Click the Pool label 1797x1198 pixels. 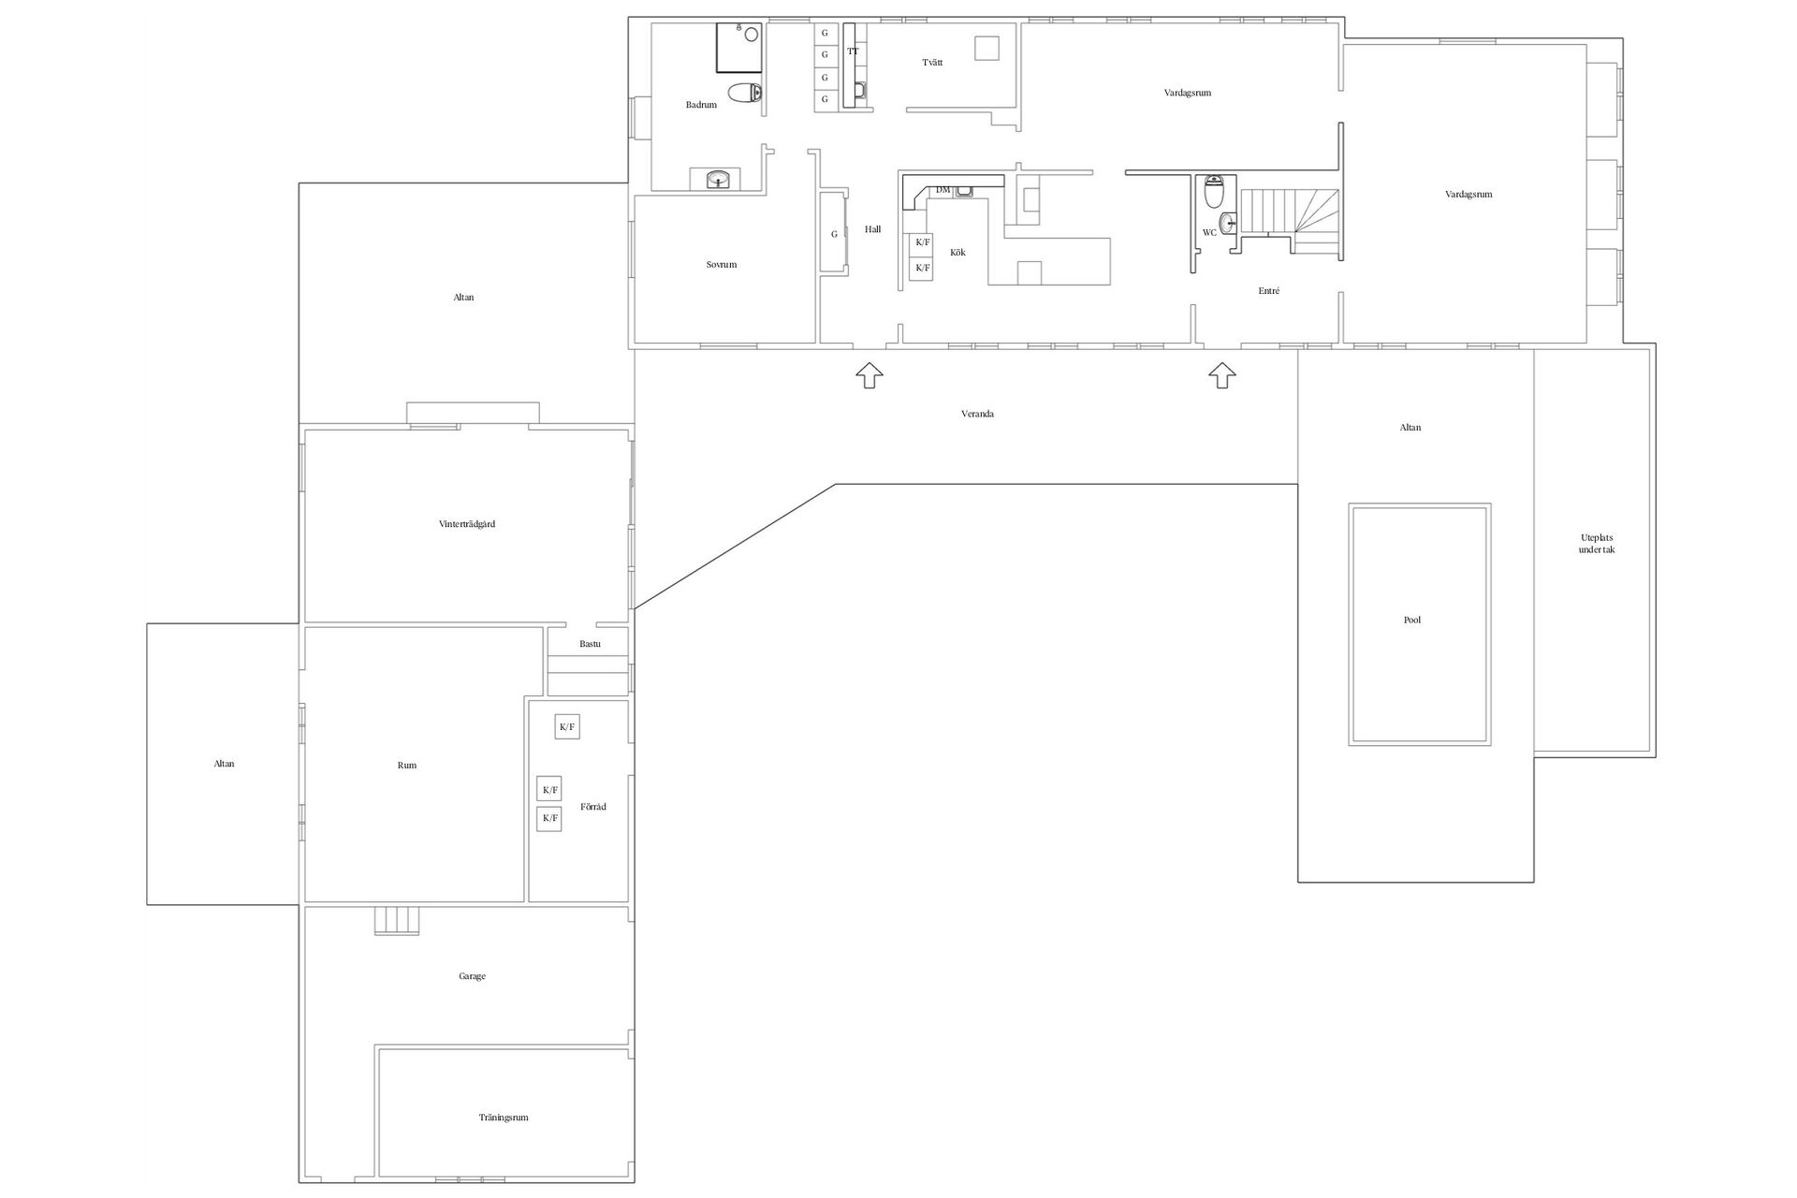tap(1412, 620)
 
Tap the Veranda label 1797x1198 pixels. tap(977, 414)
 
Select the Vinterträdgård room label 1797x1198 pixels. tap(466, 524)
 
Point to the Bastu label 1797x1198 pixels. tap(590, 644)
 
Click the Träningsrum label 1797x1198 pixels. tap(504, 1118)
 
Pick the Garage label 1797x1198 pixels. tap(472, 976)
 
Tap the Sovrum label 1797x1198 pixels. tap(722, 265)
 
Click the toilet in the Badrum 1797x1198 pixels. tap(745, 93)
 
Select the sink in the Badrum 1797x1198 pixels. tap(718, 179)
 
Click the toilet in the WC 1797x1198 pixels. tap(1214, 192)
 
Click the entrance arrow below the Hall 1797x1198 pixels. tap(869, 375)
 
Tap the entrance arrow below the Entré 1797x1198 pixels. tap(1221, 375)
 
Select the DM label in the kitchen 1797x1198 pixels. tap(942, 190)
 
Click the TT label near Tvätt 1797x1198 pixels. tap(853, 51)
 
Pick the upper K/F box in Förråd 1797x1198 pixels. tap(567, 726)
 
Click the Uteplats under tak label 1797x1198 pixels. tap(1597, 544)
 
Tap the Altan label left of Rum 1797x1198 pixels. tap(224, 764)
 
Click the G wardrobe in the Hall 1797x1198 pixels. tap(834, 233)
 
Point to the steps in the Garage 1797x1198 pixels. tap(397, 921)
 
